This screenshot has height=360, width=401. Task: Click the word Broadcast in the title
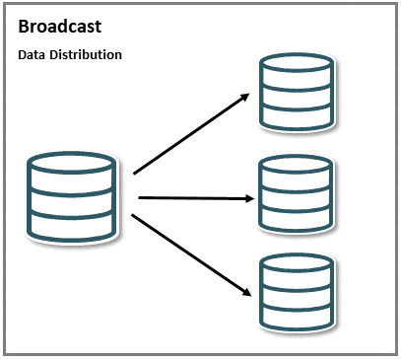tap(59, 27)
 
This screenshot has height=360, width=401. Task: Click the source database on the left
tap(75, 196)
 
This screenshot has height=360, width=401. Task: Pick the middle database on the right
tap(295, 194)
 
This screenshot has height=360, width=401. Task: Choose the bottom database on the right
tap(295, 293)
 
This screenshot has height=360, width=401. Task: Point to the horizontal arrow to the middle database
tap(192, 198)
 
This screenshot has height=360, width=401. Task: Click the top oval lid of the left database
tap(75, 162)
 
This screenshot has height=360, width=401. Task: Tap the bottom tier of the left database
tap(75, 226)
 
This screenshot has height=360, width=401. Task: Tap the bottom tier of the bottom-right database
tap(295, 318)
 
